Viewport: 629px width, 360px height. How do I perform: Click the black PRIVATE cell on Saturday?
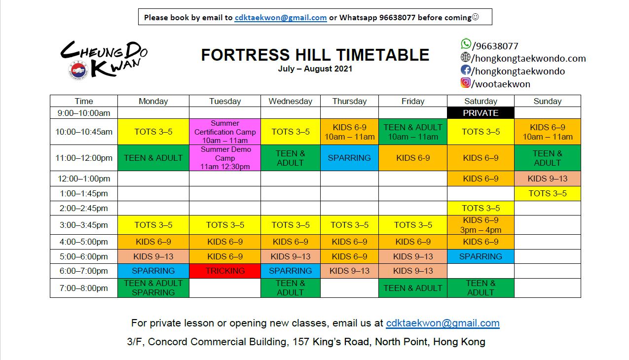481,113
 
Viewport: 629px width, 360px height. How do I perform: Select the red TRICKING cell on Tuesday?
225,271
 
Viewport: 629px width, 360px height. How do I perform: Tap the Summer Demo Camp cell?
225,158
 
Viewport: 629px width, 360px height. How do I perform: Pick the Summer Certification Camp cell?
225,132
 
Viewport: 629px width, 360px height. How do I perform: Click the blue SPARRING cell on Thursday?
349,158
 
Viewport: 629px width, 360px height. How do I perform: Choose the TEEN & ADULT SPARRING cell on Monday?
153,288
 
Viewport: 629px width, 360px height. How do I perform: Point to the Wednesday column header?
291,101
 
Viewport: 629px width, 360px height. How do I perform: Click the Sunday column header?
548,101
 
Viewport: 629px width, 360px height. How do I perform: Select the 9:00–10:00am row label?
84,113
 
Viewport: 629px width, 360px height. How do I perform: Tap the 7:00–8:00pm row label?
84,288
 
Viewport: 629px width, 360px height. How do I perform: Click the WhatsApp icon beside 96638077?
466,44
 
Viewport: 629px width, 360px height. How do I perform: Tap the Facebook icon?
466,70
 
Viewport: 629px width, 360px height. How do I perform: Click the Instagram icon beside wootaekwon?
466,82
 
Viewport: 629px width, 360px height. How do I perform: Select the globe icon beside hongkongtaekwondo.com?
465,57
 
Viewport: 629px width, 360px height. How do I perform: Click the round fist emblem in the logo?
78,70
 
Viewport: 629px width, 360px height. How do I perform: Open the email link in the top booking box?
281,17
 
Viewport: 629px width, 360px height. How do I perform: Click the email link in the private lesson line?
443,323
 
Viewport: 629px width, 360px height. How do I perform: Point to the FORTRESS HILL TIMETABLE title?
315,54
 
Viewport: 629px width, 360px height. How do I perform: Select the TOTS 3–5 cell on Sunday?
548,193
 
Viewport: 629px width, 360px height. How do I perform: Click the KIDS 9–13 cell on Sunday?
548,179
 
